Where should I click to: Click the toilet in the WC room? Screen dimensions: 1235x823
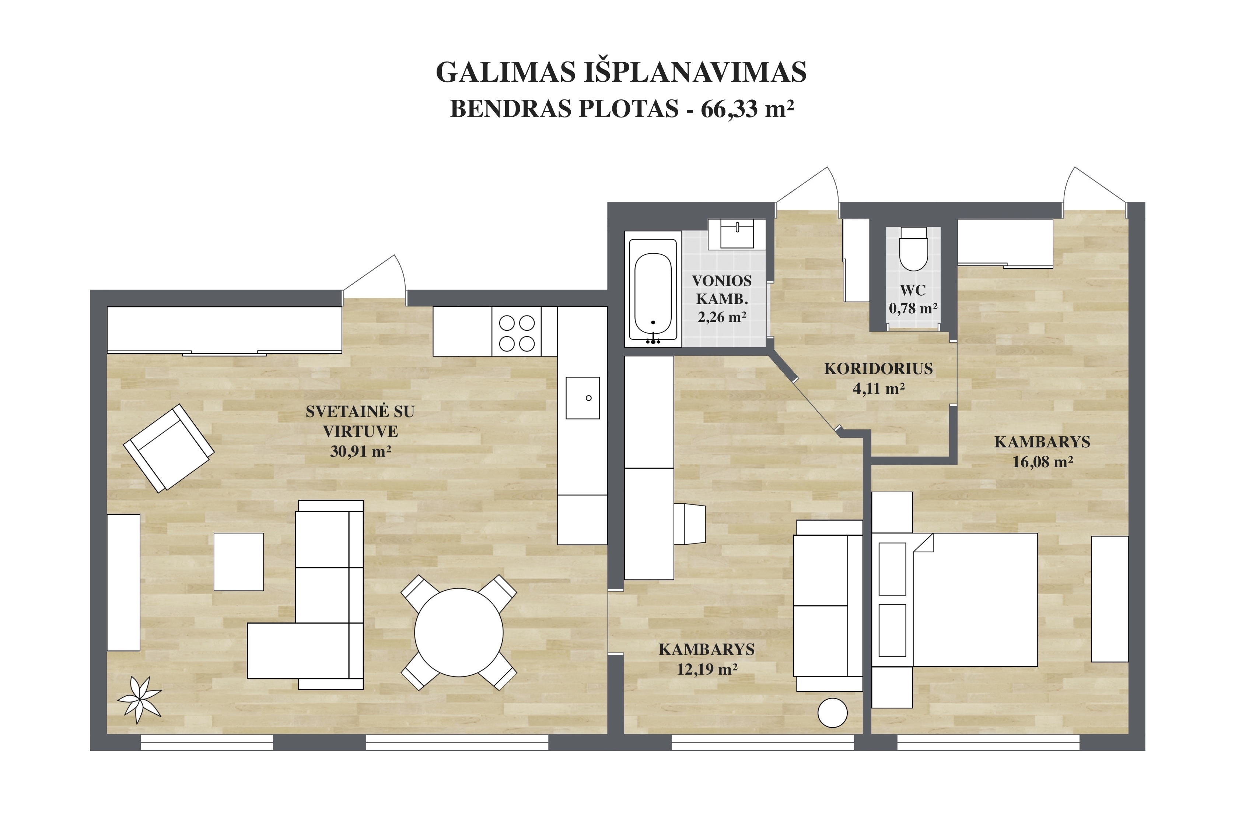pyautogui.click(x=913, y=248)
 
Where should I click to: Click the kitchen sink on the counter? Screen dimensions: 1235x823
pyautogui.click(x=583, y=398)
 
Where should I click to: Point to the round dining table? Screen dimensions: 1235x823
pyautogui.click(x=459, y=633)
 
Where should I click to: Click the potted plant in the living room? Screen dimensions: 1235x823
pyautogui.click(x=139, y=700)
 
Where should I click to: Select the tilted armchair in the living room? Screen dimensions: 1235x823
pyautogui.click(x=168, y=448)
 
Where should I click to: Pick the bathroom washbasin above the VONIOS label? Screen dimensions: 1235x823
pyautogui.click(x=737, y=234)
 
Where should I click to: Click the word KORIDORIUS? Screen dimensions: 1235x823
pyautogui.click(x=878, y=369)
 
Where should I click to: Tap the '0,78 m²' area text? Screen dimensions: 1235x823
pyautogui.click(x=913, y=308)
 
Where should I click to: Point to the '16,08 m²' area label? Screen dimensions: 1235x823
pyautogui.click(x=1042, y=462)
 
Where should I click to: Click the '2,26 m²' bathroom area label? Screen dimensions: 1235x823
pyautogui.click(x=722, y=317)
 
